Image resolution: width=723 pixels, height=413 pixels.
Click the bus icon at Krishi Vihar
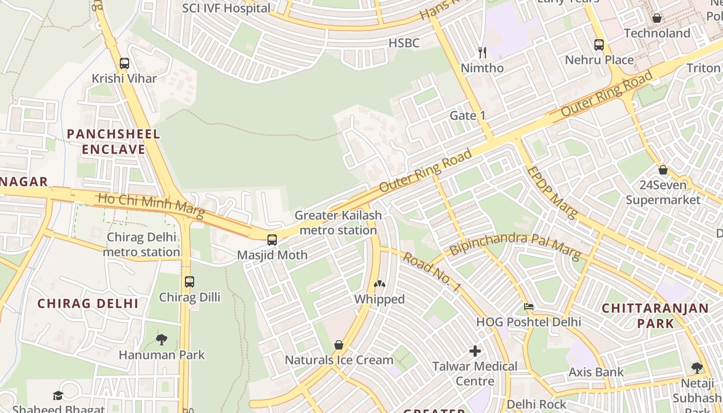[x=124, y=63]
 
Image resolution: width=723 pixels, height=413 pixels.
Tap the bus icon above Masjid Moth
[x=272, y=240]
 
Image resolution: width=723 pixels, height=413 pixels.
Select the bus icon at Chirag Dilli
[x=190, y=282]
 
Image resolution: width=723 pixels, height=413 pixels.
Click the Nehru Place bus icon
[x=599, y=45]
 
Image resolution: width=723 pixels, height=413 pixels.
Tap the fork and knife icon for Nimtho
[x=482, y=52]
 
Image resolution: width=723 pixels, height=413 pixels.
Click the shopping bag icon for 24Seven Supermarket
[x=663, y=169]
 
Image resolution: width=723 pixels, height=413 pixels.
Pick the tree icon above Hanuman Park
[x=162, y=339]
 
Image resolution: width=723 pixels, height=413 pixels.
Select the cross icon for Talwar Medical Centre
[x=475, y=352]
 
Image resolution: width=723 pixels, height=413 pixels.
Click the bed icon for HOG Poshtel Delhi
[x=529, y=307]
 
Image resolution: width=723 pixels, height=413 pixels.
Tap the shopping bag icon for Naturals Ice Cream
[x=339, y=344]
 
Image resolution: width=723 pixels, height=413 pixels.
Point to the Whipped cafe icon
[x=380, y=284]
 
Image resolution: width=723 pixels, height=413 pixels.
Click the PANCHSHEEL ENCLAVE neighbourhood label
[x=114, y=142]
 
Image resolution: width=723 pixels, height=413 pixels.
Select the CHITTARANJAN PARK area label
[x=655, y=316]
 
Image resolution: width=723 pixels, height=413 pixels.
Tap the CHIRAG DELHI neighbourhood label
[x=88, y=304]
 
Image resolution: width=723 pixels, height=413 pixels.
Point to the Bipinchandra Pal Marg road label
[x=515, y=245]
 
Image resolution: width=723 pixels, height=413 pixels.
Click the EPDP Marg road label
[x=551, y=192]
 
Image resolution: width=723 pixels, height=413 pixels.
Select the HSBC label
[x=404, y=43]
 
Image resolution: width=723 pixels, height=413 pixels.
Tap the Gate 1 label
[x=467, y=115]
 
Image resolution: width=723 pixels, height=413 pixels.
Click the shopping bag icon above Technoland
[x=657, y=18]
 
